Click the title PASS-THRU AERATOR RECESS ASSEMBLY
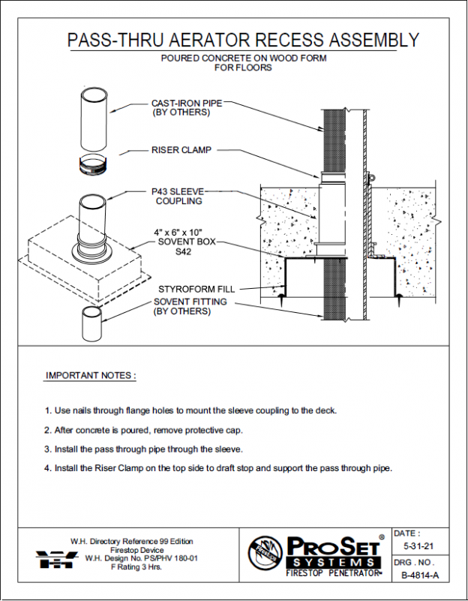243,40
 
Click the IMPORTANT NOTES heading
91,375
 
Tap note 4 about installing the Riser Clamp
218,468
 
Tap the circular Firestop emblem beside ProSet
265,555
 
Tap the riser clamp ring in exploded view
95,164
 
